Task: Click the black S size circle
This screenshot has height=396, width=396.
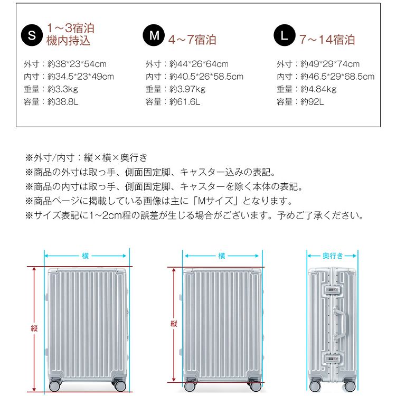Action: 32,35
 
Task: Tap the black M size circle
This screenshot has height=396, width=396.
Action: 154,35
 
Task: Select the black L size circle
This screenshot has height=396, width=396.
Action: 285,35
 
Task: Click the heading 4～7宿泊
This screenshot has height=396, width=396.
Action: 192,40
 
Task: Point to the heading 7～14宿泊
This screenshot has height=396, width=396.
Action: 327,40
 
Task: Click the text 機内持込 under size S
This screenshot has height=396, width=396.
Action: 68,41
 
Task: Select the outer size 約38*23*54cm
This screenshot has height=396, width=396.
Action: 77,64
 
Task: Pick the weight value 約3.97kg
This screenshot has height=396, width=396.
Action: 187,89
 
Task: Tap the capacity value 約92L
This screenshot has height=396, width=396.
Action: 312,102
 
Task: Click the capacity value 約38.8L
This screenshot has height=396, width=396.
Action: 63,102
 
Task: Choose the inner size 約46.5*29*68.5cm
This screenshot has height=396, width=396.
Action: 337,77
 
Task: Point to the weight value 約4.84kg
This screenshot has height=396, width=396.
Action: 318,89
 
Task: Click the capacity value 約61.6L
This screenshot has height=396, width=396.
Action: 185,102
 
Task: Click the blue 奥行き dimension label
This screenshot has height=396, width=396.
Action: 333,256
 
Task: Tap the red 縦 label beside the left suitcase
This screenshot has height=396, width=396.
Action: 34,328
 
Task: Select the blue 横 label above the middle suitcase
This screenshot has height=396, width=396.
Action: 221,256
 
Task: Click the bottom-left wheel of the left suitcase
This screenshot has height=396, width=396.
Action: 55,385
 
